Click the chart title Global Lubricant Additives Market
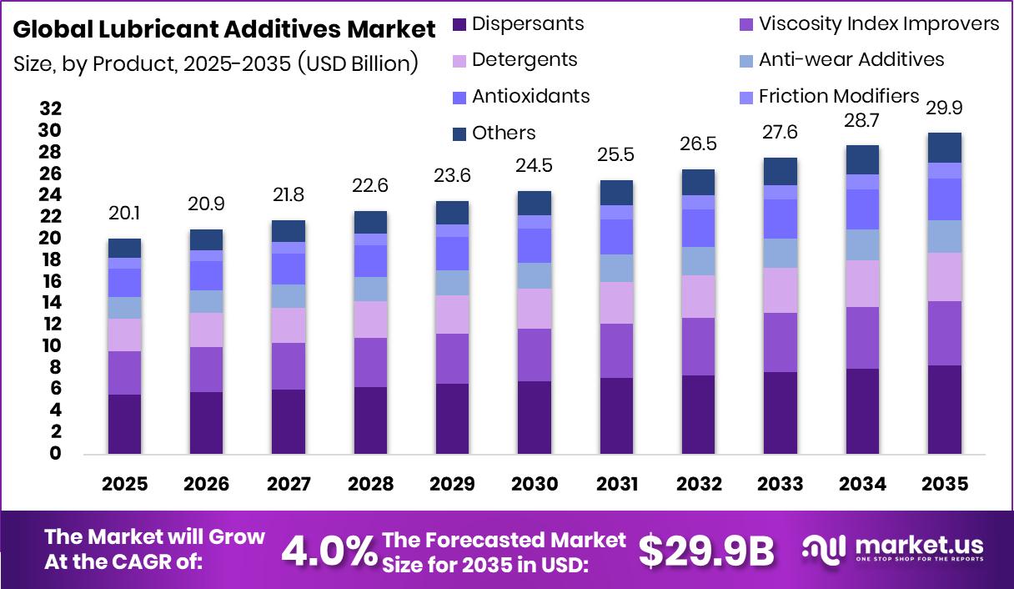224,30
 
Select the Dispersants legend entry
518,23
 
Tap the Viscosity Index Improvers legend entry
868,23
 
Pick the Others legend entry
494,133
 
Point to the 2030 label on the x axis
534,485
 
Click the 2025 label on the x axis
124,485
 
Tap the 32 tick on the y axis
51,108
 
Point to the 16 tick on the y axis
51,281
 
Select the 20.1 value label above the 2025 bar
124,214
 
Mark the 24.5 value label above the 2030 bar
534,167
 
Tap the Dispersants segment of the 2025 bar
124,424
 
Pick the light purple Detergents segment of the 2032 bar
697,296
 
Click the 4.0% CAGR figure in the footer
329,551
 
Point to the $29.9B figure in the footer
706,551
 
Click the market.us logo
892,549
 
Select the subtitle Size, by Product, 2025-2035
216,63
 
